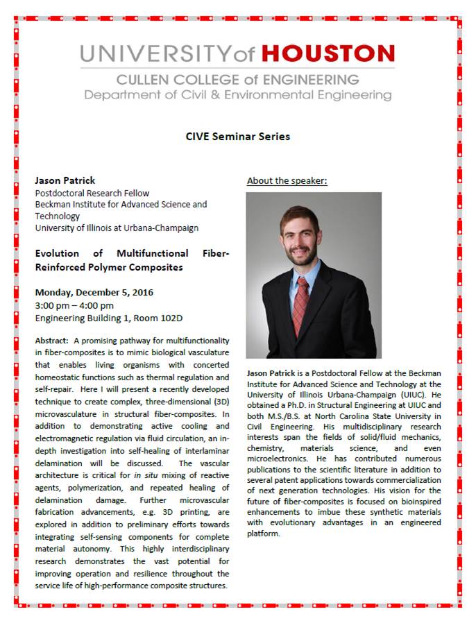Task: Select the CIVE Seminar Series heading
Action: tap(238, 137)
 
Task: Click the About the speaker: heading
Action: tap(287, 181)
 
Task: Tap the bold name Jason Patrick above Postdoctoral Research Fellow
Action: tap(66, 180)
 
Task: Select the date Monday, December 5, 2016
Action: tap(94, 292)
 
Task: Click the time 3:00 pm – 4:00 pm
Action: tap(74, 305)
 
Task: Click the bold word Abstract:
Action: tap(52, 341)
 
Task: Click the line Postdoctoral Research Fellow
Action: tap(92, 193)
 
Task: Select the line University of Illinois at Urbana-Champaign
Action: tap(117, 228)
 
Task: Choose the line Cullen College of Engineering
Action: tap(238, 80)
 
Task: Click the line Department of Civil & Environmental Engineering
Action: tap(238, 95)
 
